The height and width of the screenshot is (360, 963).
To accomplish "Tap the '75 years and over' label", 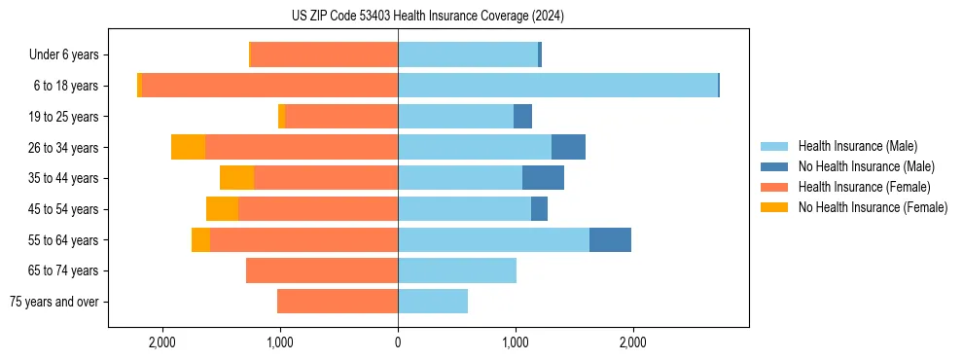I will [53, 302].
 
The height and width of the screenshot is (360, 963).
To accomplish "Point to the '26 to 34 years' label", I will [63, 148].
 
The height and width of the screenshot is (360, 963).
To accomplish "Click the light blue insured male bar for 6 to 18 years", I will [557, 86].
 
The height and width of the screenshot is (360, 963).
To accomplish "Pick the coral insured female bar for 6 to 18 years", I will [269, 86].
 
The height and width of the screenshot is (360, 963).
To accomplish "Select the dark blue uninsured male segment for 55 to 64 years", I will [610, 239].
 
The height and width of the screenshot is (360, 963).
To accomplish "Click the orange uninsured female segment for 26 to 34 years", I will [188, 147].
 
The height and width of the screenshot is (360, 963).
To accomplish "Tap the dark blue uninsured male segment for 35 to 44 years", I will [543, 178].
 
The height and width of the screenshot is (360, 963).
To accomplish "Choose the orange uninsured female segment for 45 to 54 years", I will [222, 209].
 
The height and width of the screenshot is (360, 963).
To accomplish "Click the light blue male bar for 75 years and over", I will [433, 302].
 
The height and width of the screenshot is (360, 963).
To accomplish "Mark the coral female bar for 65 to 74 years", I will [322, 270].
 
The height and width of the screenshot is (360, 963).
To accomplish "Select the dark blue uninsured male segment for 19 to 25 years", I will [522, 117].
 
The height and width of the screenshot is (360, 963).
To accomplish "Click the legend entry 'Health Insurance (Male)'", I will [857, 146].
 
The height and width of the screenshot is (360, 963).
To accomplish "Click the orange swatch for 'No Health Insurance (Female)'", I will [775, 207].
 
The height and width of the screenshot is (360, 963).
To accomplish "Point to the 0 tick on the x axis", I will [398, 342].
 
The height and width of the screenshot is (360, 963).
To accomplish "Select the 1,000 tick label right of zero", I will [516, 342].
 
